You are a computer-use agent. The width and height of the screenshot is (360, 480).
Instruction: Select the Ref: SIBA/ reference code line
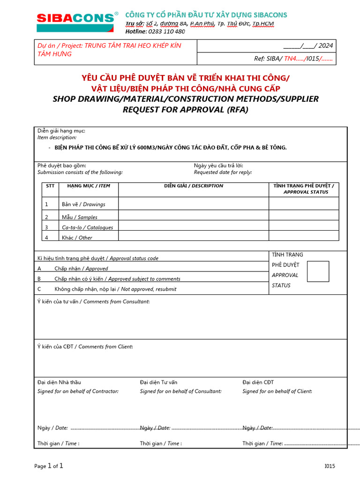tap(293, 59)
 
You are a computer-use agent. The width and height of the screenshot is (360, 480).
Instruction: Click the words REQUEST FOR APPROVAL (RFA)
tap(185, 110)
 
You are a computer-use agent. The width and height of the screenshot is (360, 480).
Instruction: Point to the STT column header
tap(50, 186)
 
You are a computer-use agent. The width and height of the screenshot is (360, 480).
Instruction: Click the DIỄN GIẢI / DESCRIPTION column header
tap(194, 186)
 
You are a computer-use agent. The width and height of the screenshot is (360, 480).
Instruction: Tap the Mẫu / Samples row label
tap(80, 217)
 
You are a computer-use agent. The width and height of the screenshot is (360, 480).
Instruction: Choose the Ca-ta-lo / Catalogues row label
tap(87, 228)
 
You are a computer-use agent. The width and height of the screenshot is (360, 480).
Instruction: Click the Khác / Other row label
tap(77, 238)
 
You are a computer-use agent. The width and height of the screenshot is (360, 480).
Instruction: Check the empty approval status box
tap(318, 271)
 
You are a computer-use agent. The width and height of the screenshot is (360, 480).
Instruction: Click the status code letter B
tap(39, 279)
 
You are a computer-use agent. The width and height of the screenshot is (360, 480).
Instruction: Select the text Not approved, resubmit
tap(149, 289)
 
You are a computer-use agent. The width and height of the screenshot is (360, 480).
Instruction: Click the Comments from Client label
tap(105, 347)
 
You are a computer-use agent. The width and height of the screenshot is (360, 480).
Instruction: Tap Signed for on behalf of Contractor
tap(78, 391)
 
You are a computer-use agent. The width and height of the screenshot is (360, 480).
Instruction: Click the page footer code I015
tap(330, 466)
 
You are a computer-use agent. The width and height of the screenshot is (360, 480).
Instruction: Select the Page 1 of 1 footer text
tap(49, 466)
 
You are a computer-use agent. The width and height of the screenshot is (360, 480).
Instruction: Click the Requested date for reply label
tap(223, 172)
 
